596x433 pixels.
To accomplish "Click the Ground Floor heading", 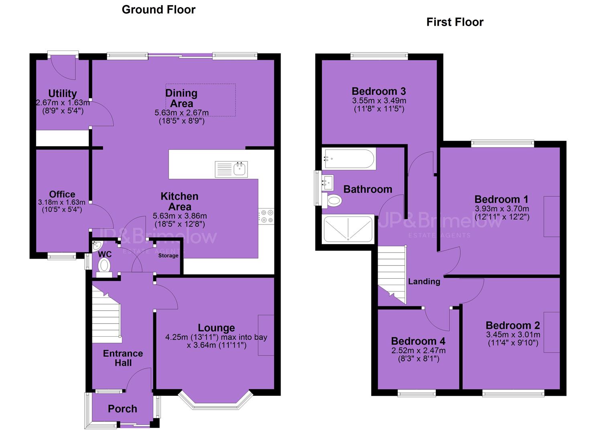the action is point(159,10).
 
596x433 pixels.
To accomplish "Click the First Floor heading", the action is point(455,22).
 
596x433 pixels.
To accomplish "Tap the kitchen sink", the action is point(231,169).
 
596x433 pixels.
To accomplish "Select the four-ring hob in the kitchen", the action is point(266,216).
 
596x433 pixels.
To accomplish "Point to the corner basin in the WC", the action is point(96,246).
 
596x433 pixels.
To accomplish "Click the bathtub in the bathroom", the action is point(349,159).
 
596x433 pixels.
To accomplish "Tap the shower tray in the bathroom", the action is point(348,229).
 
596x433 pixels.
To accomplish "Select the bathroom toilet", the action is point(332,200).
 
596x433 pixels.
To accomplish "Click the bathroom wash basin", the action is point(327,182).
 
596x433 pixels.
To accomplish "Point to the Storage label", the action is point(168,256).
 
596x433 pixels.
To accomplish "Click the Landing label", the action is point(424,281).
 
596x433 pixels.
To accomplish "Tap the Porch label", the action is point(122,409).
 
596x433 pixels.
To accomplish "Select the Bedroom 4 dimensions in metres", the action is point(419,350).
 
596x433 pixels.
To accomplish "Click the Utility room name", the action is point(63,93).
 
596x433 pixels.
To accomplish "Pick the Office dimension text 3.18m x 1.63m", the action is point(62,202).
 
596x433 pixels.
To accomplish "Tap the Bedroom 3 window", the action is point(379,56).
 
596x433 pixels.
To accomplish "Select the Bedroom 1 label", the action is point(502,199).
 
